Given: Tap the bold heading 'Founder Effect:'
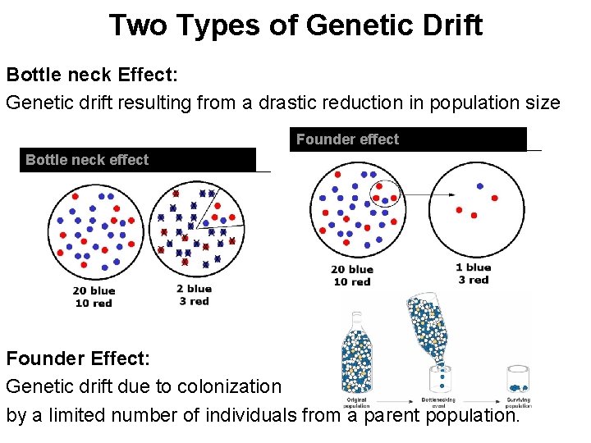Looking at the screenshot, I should (78, 359).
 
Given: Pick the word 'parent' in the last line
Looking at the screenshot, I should (396, 414).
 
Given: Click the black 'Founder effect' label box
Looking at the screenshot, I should (408, 139).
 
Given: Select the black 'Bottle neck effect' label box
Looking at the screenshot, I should (138, 159).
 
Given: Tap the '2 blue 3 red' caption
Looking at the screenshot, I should (194, 295).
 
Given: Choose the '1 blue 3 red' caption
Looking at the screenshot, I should (473, 273).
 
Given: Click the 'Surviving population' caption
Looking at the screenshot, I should (518, 403).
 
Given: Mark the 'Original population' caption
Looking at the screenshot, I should (356, 403).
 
